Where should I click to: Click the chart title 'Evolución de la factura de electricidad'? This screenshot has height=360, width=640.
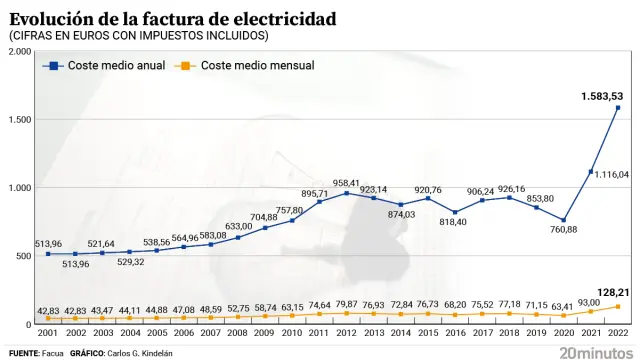coord(173,18)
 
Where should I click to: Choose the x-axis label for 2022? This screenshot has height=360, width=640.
coord(618,332)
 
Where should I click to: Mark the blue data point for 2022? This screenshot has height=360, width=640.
coord(618,108)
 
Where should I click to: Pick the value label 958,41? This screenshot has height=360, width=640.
coord(346,183)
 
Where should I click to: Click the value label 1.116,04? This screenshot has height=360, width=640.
coord(612,174)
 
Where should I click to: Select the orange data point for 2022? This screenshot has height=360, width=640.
coord(618,306)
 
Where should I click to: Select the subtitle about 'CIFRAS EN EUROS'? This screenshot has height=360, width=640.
coord(139,36)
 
